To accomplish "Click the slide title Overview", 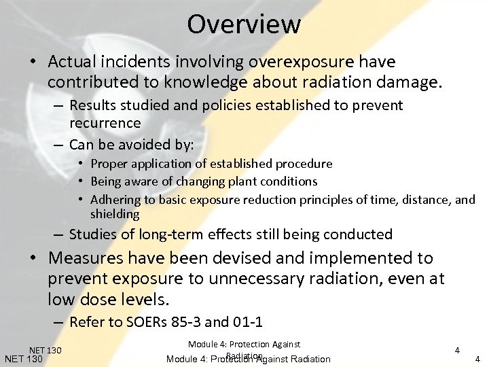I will (244, 24).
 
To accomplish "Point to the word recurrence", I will (105, 123).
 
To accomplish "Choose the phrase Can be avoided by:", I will (132, 145).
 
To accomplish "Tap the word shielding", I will (115, 214).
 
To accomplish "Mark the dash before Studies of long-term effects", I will (60, 235).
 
